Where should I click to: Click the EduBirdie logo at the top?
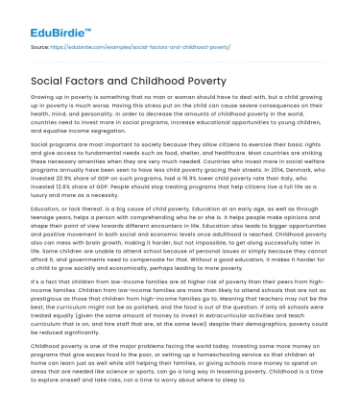pos(45,17)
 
